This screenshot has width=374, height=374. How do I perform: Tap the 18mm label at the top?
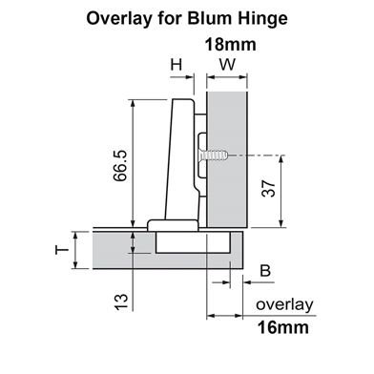232,44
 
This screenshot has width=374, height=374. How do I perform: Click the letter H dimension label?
177,65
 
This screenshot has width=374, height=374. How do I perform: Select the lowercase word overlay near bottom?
284,304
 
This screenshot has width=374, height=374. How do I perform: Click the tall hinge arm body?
181,157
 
